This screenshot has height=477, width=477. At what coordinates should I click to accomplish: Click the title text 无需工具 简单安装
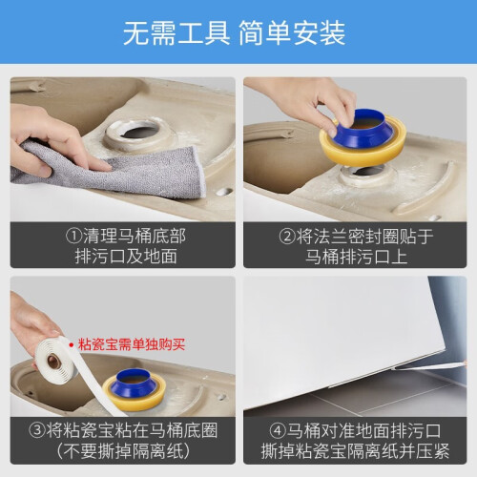(234, 33)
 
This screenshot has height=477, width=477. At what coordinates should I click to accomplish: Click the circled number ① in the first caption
(73, 236)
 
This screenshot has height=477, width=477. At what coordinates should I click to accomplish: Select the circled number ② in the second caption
(287, 237)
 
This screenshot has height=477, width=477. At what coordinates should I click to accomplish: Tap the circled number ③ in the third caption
(37, 430)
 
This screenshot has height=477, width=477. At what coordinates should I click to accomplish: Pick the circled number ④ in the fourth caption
(278, 431)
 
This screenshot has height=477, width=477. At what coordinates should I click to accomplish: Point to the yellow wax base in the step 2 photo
(363, 151)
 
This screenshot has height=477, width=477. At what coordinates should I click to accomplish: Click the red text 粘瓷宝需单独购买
(132, 344)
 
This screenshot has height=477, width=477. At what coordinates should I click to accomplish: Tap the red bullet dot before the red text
(72, 344)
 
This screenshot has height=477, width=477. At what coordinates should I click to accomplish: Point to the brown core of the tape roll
(53, 362)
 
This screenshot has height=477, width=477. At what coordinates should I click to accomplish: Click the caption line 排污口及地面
(126, 257)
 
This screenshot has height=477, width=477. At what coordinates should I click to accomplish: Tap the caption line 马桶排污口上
(356, 257)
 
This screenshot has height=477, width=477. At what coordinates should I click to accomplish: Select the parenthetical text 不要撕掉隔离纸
(123, 451)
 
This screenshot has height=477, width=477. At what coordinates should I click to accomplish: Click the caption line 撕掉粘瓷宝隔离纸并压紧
(355, 451)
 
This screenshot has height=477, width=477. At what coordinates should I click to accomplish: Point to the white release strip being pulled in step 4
(429, 365)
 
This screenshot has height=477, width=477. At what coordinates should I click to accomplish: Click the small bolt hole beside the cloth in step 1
(224, 192)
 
